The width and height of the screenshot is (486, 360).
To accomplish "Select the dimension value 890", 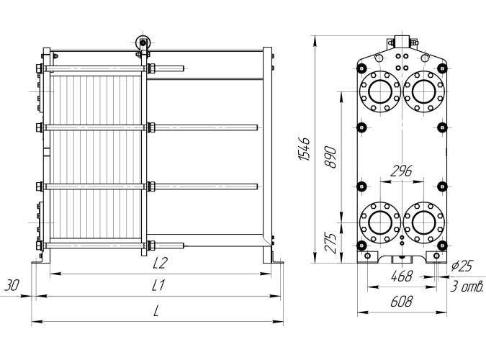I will (331, 158).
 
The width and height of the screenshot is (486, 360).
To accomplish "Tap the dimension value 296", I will (400, 171).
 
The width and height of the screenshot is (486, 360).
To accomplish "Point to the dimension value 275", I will (331, 242).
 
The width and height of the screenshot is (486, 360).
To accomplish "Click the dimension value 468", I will (401, 276).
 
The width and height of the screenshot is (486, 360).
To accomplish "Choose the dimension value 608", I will (401, 302).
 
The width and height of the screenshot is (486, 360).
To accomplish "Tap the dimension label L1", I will (159, 286).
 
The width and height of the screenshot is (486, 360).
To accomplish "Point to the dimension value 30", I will (12, 285).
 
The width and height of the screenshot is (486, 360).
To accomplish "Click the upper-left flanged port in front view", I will (378, 91).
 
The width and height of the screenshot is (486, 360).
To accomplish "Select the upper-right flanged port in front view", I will (423, 91).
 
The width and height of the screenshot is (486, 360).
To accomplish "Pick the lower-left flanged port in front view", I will (378, 223).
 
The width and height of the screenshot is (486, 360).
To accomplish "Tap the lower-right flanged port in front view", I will (423, 223).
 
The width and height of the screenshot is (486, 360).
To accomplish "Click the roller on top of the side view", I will (143, 43).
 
